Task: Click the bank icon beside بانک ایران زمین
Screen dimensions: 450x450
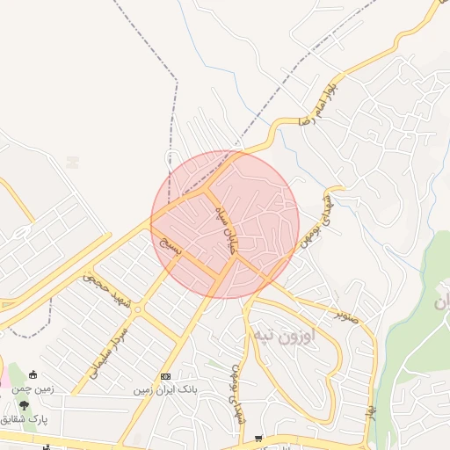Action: (165, 376)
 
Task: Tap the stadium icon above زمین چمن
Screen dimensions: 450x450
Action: (33, 375)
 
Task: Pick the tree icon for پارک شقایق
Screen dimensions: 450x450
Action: (24, 406)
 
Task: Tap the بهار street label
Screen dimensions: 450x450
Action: (371, 410)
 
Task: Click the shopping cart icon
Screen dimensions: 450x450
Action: (258, 438)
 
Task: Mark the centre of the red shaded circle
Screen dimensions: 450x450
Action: (225, 224)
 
